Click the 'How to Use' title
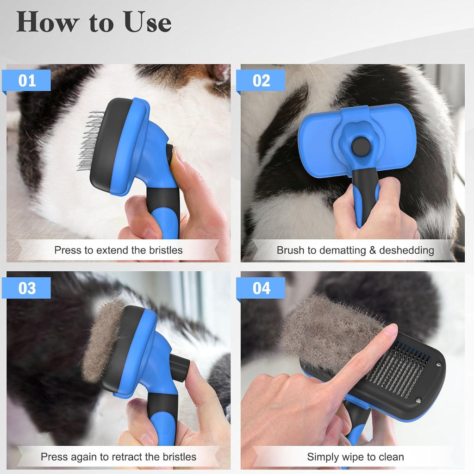(x=94, y=22)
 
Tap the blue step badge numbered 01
(x=27, y=81)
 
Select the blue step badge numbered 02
(x=261, y=81)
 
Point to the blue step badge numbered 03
(x=27, y=288)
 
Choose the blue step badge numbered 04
(x=261, y=288)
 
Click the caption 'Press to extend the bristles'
(x=118, y=250)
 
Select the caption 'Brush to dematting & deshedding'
(x=355, y=250)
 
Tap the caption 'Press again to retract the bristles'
(x=118, y=457)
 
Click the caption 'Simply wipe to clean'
(x=355, y=457)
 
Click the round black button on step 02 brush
(x=361, y=147)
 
